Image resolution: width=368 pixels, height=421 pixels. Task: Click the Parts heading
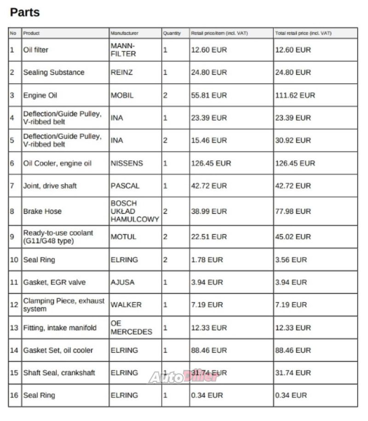pyautogui.click(x=25, y=12)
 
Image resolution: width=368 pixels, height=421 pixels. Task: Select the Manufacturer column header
pyautogui.click(x=124, y=34)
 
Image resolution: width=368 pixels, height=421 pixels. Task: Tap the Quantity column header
pyautogui.click(x=171, y=34)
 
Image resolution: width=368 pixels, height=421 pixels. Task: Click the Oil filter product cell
pyautogui.click(x=36, y=50)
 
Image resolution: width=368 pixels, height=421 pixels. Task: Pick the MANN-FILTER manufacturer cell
pyautogui.click(x=123, y=50)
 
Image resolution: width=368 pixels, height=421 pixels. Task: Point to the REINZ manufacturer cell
pyautogui.click(x=121, y=72)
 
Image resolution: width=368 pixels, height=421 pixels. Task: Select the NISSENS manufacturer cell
pyautogui.click(x=126, y=163)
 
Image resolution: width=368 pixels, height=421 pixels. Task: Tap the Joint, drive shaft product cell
pyautogui.click(x=50, y=186)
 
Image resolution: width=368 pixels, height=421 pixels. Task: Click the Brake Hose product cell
pyautogui.click(x=42, y=211)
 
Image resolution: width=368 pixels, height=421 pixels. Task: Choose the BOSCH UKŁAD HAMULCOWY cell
pyautogui.click(x=134, y=211)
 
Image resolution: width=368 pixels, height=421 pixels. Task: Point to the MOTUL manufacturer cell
pyautogui.click(x=123, y=237)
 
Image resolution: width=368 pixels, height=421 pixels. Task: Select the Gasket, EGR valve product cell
pyautogui.click(x=54, y=282)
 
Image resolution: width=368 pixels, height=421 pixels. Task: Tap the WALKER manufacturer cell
pyautogui.click(x=126, y=305)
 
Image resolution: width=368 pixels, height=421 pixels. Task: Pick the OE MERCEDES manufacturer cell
pyautogui.click(x=131, y=328)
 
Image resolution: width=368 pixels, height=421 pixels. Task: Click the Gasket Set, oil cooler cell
pyautogui.click(x=58, y=350)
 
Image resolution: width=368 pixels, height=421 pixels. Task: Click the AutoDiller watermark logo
pyautogui.click(x=183, y=377)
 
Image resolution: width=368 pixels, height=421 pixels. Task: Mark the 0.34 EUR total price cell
pyautogui.click(x=291, y=395)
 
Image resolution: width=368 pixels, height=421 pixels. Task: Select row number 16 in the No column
pyautogui.click(x=14, y=395)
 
